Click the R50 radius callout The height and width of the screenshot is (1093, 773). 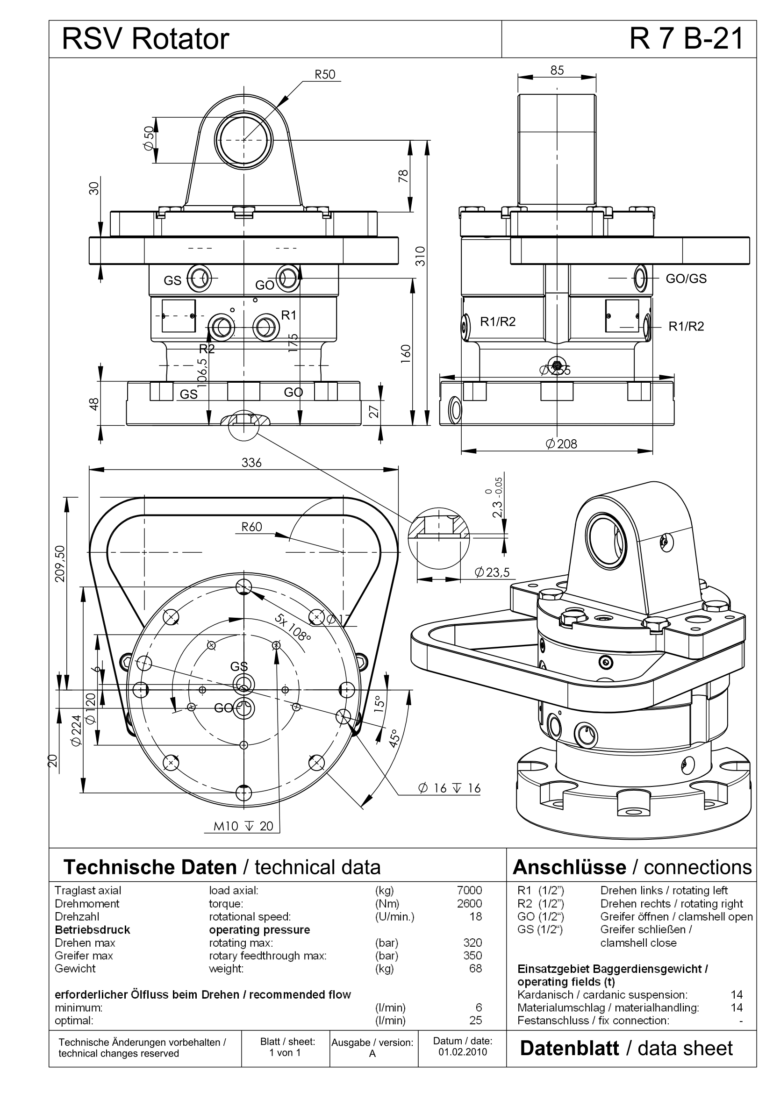[325, 74]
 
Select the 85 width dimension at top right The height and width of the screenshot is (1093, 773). [557, 71]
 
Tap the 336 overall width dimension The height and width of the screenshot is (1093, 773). [251, 463]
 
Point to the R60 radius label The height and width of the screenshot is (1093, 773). [252, 527]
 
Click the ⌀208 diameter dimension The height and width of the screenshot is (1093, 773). [562, 444]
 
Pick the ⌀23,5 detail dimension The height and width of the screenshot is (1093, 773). [492, 572]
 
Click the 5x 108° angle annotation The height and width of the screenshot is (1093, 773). [292, 627]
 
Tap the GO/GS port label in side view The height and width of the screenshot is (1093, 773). [686, 279]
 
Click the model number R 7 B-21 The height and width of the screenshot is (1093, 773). [687, 39]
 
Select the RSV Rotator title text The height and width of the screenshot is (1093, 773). [146, 39]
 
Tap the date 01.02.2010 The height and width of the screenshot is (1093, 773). [463, 1051]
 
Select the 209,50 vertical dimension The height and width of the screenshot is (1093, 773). [60, 564]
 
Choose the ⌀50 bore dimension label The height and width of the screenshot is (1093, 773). [149, 138]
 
